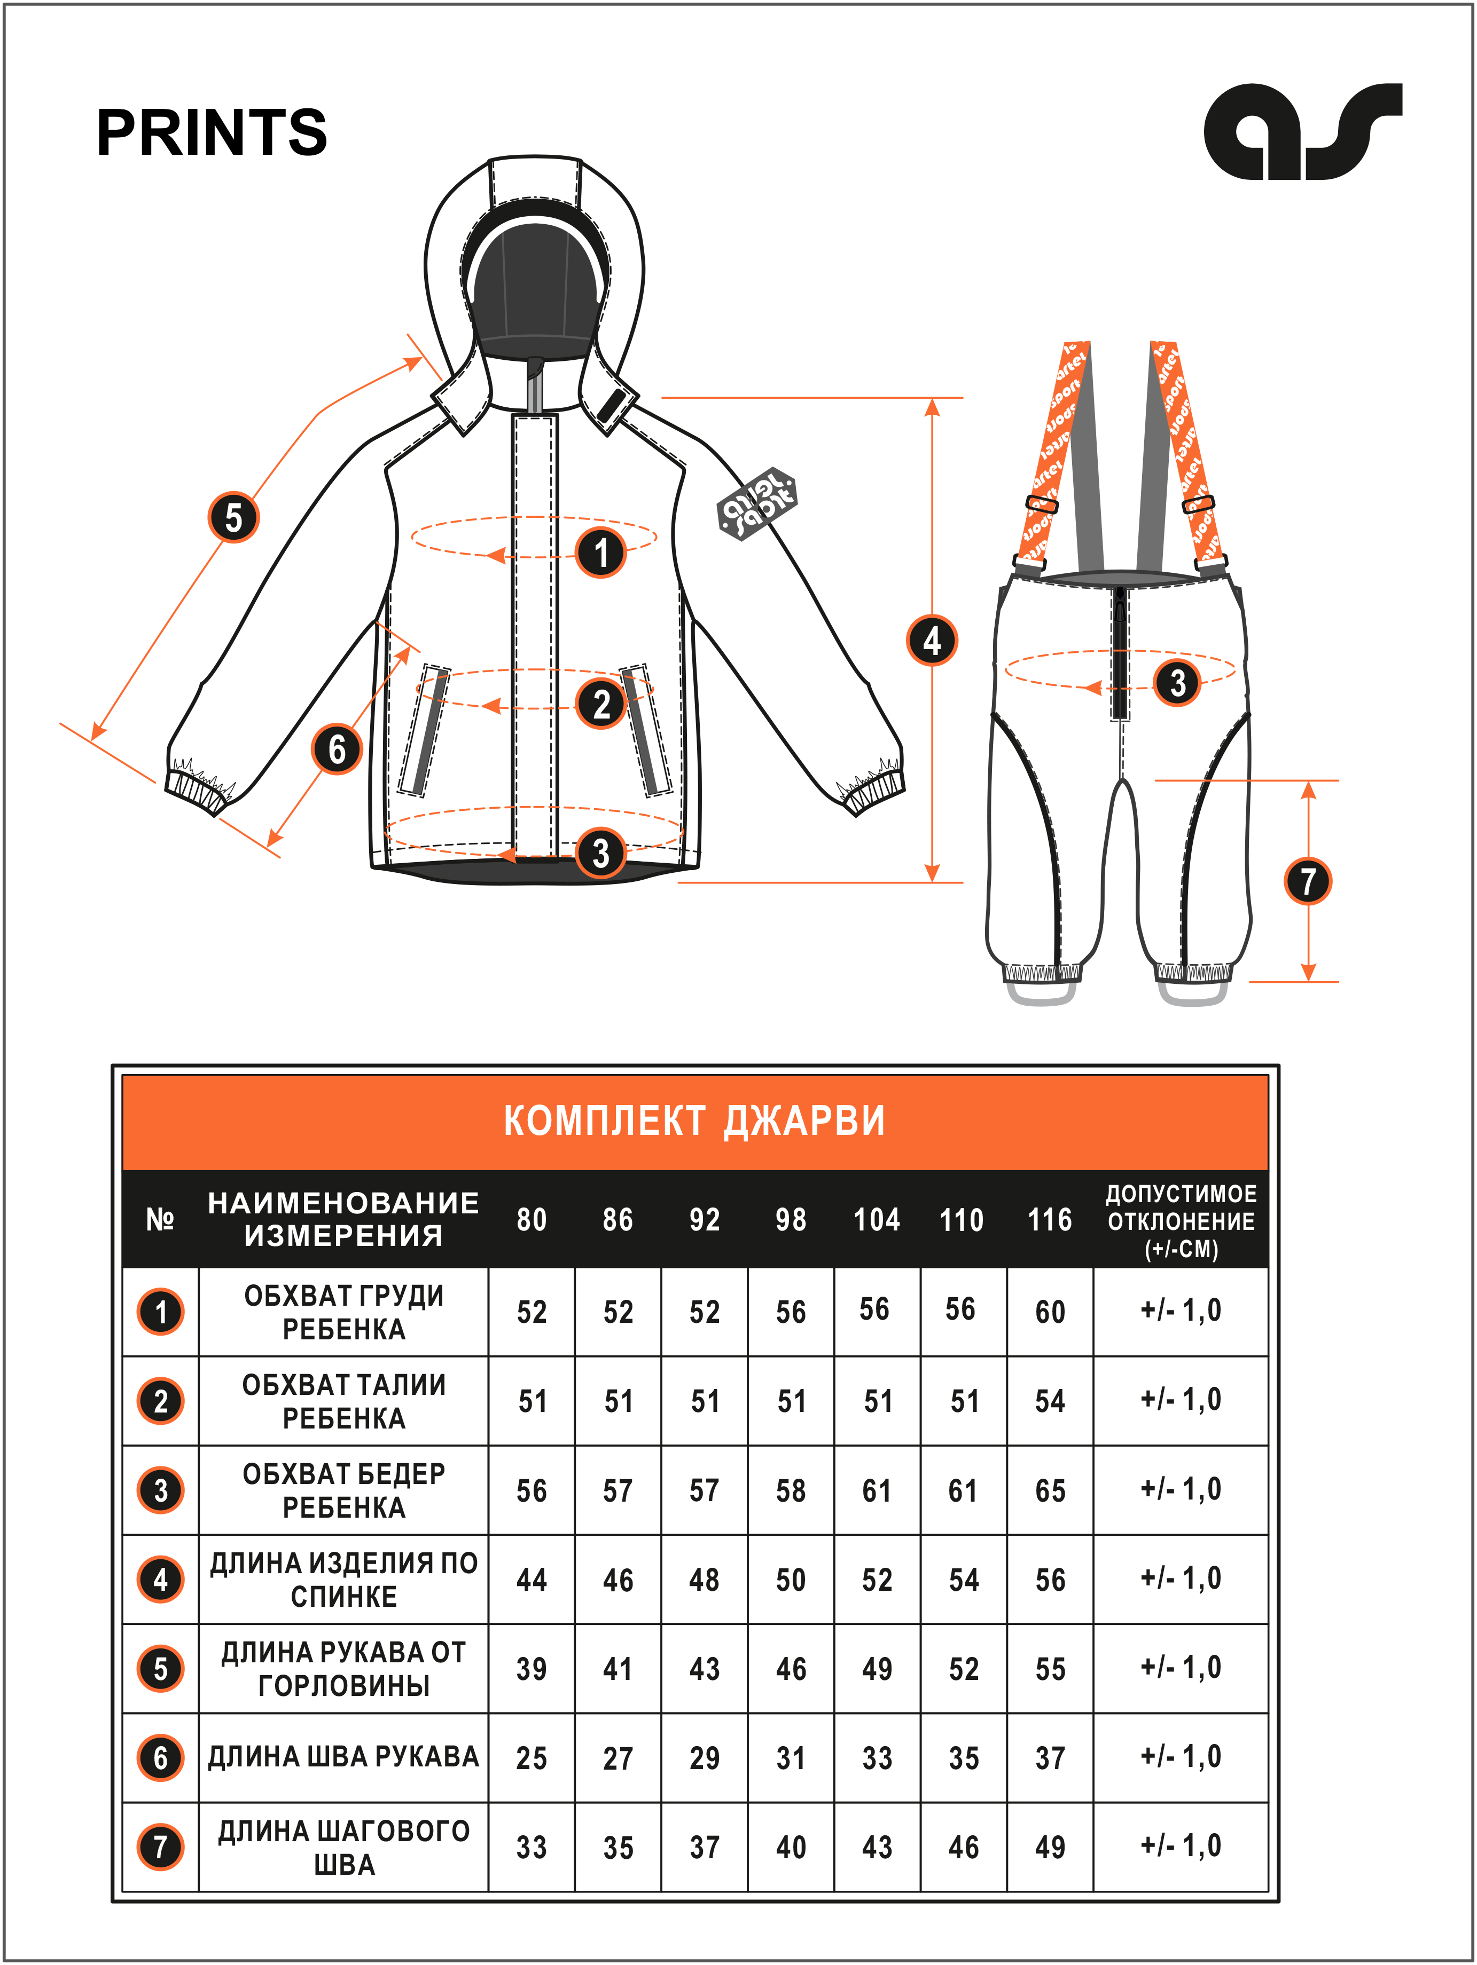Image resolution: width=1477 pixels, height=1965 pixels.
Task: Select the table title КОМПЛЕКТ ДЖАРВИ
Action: (694, 1121)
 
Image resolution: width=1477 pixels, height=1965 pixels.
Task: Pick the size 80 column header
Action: (532, 1220)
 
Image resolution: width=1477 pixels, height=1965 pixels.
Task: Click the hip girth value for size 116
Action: (1050, 1490)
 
